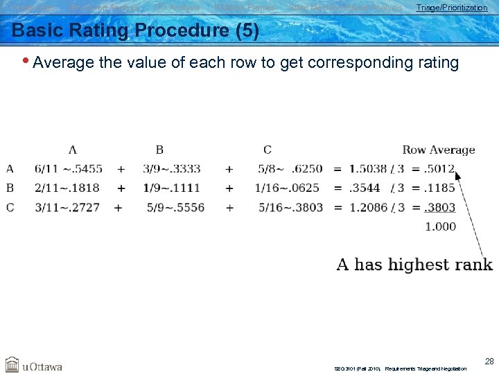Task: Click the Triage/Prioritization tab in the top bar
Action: point(451,8)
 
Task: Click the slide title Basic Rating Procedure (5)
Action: point(136,31)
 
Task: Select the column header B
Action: point(159,150)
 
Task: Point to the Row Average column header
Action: point(438,150)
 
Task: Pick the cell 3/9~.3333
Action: point(171,168)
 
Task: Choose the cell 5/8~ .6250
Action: point(290,168)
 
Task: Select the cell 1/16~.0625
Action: point(287,188)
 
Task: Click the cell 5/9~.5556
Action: point(175,207)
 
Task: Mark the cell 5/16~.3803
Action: point(290,207)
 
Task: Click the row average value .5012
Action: point(440,168)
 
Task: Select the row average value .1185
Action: point(440,188)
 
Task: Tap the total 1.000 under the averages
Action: point(440,226)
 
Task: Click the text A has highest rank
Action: point(414,265)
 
